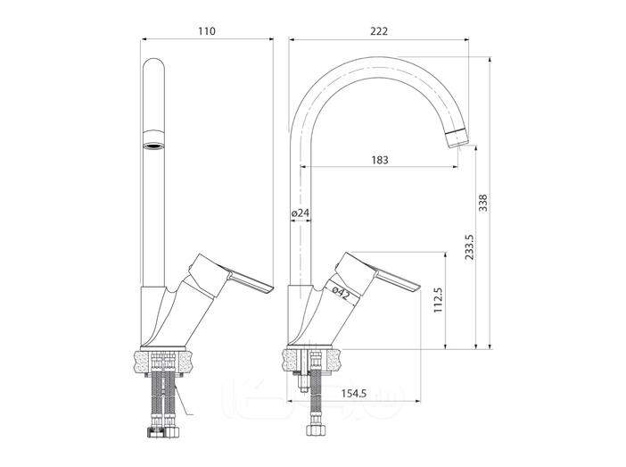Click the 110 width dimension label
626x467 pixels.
pos(207,31)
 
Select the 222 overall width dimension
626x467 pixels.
pos(379,31)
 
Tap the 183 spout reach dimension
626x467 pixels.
pos(380,160)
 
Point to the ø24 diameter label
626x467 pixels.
pos(301,213)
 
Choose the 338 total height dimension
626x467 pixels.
pos(483,203)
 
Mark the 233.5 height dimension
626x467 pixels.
pos(469,247)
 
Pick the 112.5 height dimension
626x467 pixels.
pos(439,300)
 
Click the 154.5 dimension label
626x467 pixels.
pos(354,394)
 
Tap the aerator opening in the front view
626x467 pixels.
pos(153,146)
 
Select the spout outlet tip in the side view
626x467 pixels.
pos(457,140)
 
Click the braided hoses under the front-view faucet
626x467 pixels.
pos(164,400)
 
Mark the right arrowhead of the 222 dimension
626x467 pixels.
pos(465,39)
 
